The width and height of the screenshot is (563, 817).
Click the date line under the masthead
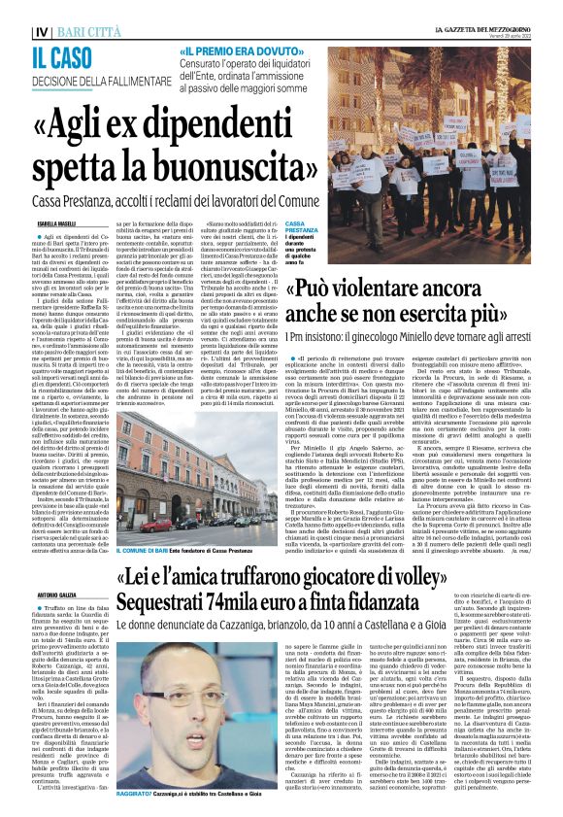(510, 17)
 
